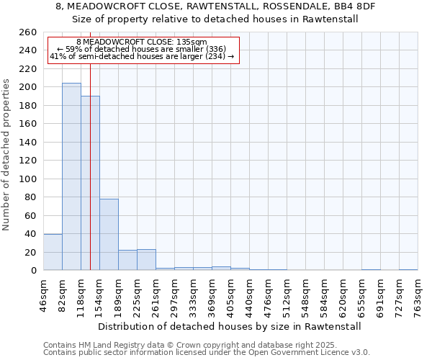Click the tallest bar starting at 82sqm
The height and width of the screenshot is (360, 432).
pyautogui.click(x=71, y=176)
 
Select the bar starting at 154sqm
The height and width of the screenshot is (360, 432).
pyautogui.click(x=109, y=235)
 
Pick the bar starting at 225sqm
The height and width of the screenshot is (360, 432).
pyautogui.click(x=146, y=260)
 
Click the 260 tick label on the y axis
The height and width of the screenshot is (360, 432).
pyautogui.click(x=27, y=32)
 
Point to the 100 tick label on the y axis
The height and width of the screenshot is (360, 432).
pyautogui.click(x=27, y=179)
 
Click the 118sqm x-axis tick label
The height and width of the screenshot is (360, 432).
pyautogui.click(x=81, y=294)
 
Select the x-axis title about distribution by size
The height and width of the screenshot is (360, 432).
pyautogui.click(x=229, y=326)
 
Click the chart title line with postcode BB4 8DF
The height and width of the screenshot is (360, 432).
pyautogui.click(x=215, y=6)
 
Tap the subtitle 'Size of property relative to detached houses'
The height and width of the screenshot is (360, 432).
pyautogui.click(x=215, y=19)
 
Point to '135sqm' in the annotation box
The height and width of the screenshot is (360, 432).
pyautogui.click(x=194, y=42)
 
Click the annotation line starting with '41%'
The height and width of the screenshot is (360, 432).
pyautogui.click(x=142, y=56)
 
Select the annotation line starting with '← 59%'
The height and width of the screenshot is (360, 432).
pyautogui.click(x=142, y=49)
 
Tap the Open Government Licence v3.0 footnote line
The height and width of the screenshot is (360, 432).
pyautogui.click(x=206, y=353)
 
